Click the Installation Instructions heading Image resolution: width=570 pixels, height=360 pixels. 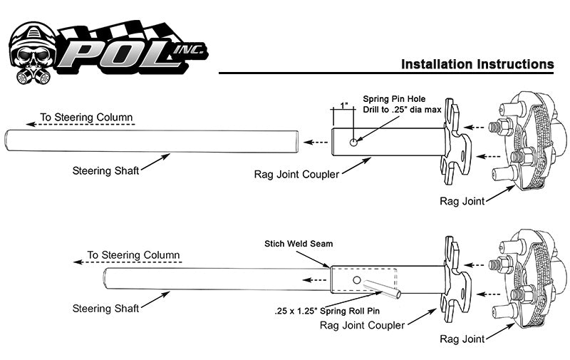tap(477, 64)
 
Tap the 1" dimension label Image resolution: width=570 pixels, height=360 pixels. tap(344, 106)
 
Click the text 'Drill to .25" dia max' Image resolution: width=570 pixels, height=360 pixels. tap(403, 110)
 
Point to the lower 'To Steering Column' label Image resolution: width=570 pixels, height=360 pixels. tap(133, 254)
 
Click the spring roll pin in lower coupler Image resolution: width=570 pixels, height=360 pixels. tap(385, 289)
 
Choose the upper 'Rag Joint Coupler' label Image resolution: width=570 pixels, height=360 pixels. tap(296, 174)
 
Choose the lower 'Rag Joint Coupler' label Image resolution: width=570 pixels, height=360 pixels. tap(362, 325)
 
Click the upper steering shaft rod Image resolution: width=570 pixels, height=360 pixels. tap(150, 140)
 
